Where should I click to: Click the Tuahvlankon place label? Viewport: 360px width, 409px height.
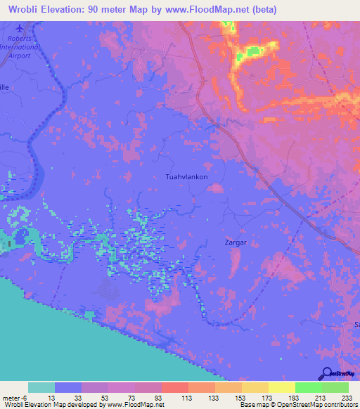pyautogui.click(x=186, y=177)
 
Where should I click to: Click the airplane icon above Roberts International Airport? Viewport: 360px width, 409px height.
pyautogui.click(x=20, y=28)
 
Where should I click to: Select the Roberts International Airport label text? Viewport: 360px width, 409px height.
pyautogui.click(x=20, y=47)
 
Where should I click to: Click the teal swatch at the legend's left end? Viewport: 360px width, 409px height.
pyautogui.click(x=41, y=387)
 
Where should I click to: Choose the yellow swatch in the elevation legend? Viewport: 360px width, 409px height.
pyautogui.click(x=281, y=387)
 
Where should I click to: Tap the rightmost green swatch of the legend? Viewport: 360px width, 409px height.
pyautogui.click(x=335, y=387)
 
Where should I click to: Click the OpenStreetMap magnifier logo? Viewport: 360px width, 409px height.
pyautogui.click(x=326, y=374)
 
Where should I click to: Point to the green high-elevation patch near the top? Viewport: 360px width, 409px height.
pyautogui.click(x=251, y=51)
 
